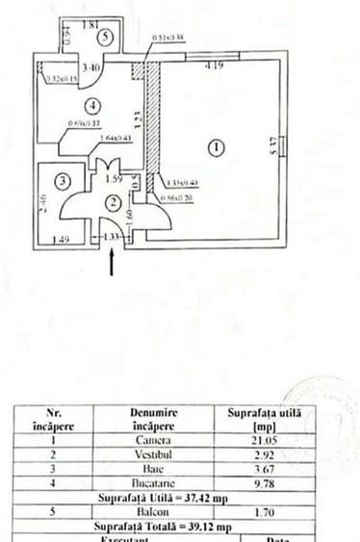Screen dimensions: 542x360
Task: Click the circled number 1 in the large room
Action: pyautogui.click(x=217, y=147)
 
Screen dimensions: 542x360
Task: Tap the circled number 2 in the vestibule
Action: pyautogui.click(x=114, y=202)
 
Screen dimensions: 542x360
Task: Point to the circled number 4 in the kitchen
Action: pyautogui.click(x=92, y=104)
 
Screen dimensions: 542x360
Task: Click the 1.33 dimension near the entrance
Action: pyautogui.click(x=113, y=236)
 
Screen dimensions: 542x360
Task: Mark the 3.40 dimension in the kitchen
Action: pyautogui.click(x=90, y=68)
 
